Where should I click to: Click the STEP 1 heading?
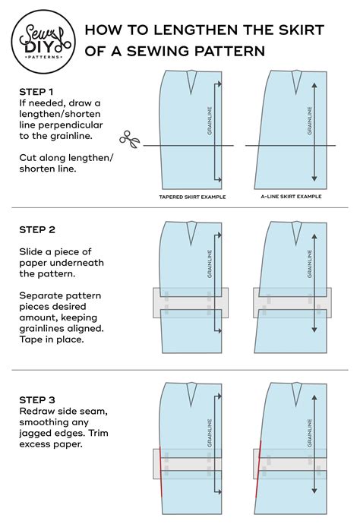click(x=36, y=92)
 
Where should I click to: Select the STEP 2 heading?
click(x=36, y=229)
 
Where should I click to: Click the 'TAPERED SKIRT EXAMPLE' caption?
click(x=193, y=196)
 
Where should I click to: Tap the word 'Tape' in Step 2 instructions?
click(x=33, y=340)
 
